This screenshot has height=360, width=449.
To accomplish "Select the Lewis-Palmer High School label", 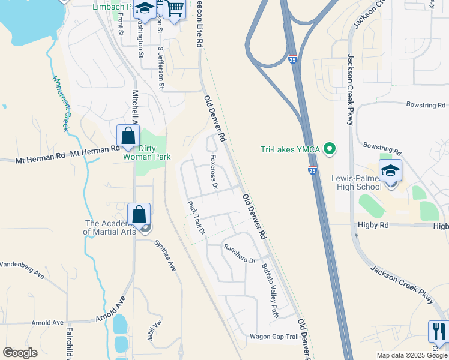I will pos(357,182).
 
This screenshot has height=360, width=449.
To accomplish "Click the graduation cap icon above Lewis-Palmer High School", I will pos(390,170).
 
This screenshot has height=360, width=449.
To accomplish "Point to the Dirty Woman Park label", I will pos(147,152).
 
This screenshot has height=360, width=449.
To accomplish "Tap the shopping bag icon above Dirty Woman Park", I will pos(128,136).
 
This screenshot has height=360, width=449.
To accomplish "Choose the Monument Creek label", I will pos(62,103).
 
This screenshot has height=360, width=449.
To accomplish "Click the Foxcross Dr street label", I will pos(212,172).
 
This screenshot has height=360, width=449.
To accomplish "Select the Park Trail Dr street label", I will pos(196,217).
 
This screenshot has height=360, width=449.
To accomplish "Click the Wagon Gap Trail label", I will pos(274,337).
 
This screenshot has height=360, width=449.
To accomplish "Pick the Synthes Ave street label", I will pos(165,256).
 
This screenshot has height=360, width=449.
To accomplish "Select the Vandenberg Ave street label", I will pos(22,269).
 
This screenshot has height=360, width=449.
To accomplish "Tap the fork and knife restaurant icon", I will pos(439,331).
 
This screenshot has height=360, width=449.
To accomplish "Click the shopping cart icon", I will pos(174,8).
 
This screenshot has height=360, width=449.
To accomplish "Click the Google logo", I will pos(20,353).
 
